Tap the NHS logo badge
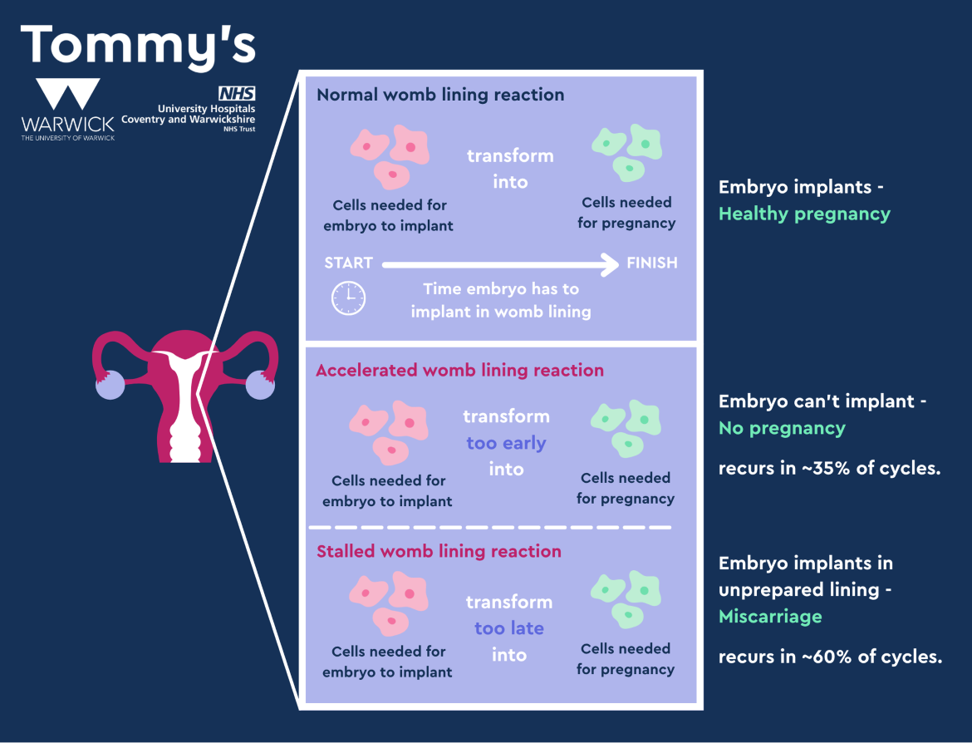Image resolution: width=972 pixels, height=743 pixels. [236, 94]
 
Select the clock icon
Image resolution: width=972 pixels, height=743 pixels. [348, 298]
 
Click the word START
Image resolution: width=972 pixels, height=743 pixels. [348, 263]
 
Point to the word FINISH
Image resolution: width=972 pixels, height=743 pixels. [651, 263]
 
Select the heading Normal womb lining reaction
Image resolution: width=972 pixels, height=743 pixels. [440, 95]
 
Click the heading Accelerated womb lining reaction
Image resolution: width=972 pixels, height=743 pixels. [459, 371]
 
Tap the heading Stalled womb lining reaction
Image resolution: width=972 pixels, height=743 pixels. [439, 552]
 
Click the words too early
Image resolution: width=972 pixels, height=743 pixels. [506, 443]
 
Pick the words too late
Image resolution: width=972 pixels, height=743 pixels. [509, 628]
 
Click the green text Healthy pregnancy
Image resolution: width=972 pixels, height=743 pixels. [803, 214]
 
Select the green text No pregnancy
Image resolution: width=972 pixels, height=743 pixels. [781, 428]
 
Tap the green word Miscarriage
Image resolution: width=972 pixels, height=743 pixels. [769, 616]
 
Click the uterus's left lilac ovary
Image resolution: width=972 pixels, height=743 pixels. [110, 386]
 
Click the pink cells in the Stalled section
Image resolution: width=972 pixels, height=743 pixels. [388, 603]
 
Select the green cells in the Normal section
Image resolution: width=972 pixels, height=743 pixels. [626, 152]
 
